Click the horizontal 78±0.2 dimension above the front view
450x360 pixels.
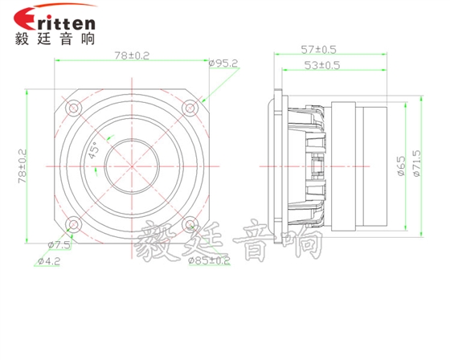click(x=132, y=55)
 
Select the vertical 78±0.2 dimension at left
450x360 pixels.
click(x=22, y=166)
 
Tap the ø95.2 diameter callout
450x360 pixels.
click(x=223, y=63)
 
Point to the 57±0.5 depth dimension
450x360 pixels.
click(x=318, y=50)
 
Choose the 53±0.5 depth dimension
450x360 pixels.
click(x=322, y=65)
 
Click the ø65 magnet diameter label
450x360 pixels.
click(x=401, y=166)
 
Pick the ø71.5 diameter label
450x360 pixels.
click(x=416, y=163)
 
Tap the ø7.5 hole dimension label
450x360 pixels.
click(x=59, y=245)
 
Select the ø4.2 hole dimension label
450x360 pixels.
click(x=49, y=261)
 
